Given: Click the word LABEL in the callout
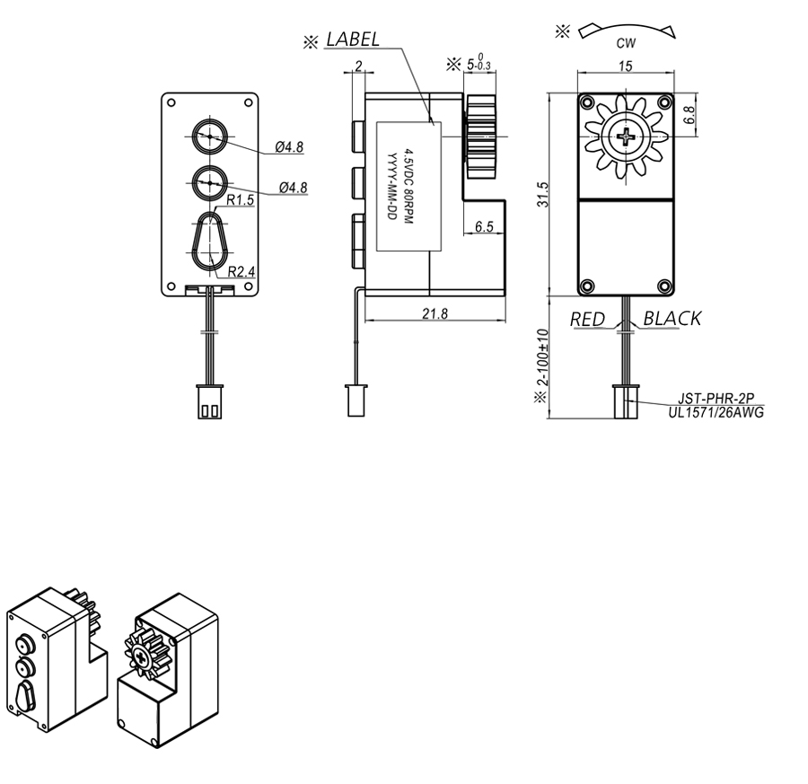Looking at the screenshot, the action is tap(354, 40).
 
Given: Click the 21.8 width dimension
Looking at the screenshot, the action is tap(435, 313).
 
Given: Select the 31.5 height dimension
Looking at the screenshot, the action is tap(542, 194).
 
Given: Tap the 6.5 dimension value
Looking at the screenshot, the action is tap(484, 226).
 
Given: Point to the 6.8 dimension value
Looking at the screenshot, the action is tap(689, 114).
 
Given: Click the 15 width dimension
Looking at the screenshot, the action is tap(625, 66).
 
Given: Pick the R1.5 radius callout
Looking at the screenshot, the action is tap(241, 200).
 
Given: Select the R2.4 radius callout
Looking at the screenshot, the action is tap(242, 271).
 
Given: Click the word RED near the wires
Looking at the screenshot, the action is tap(587, 320).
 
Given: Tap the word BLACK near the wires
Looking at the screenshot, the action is tap(672, 319).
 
